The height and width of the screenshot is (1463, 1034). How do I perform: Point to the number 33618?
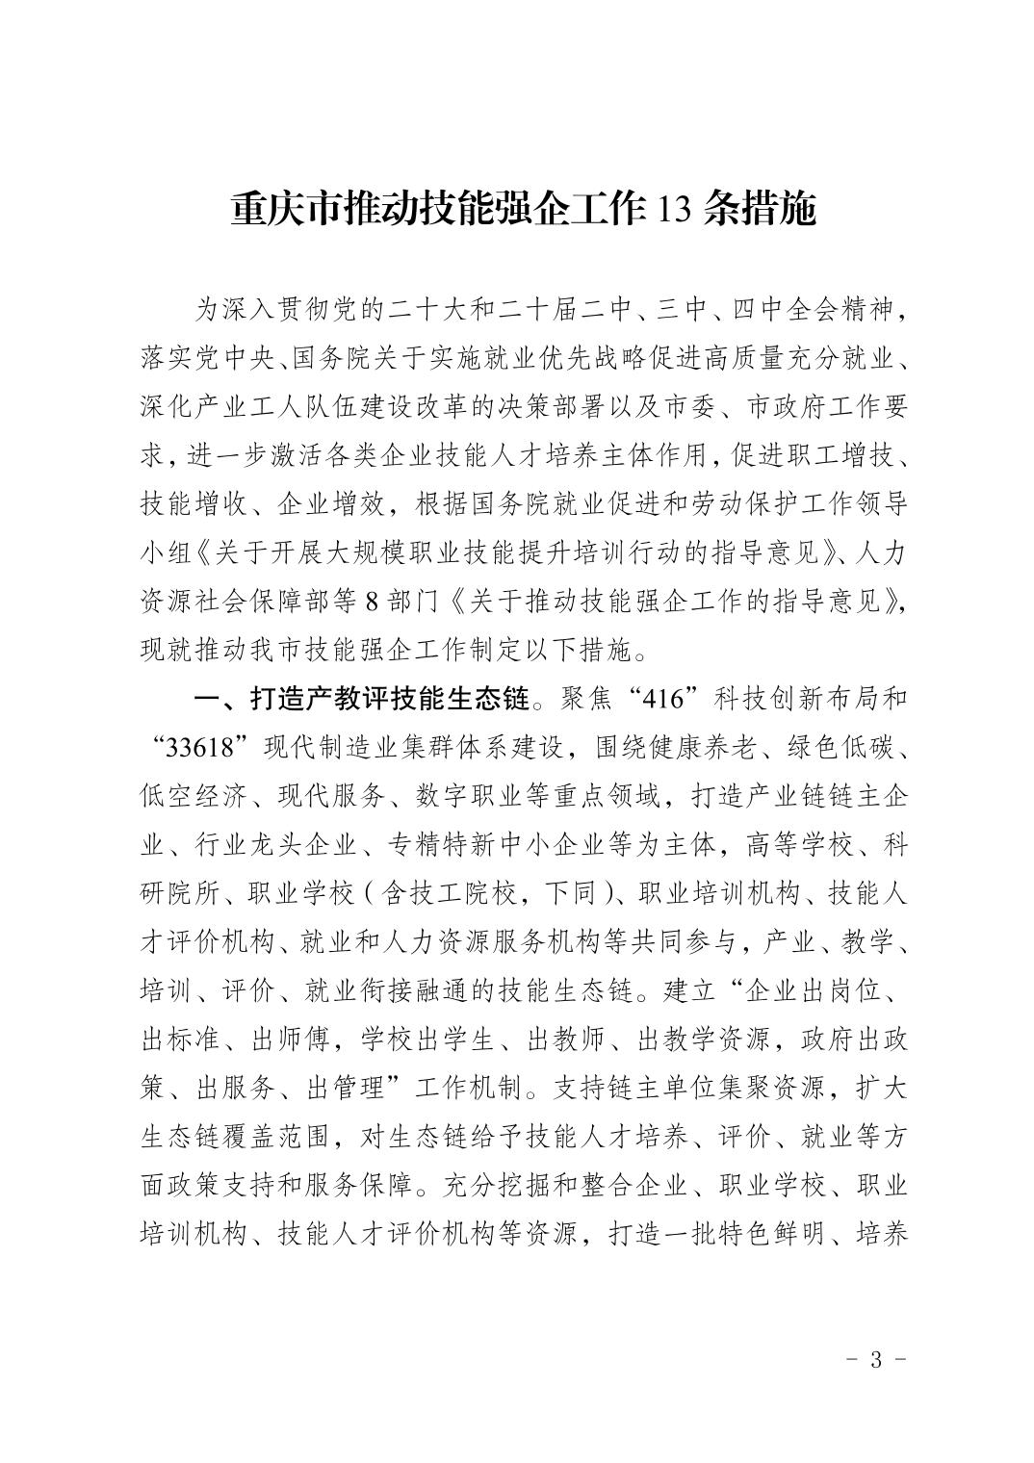[201, 746]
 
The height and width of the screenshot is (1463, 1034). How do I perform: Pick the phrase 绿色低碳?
[842, 746]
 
